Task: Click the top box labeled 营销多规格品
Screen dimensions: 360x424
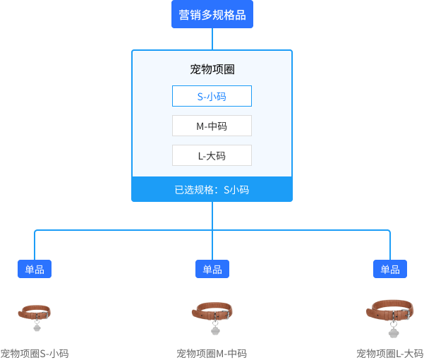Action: click(x=212, y=14)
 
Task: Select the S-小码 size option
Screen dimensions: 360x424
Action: click(x=212, y=96)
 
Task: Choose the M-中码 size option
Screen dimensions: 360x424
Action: click(x=212, y=126)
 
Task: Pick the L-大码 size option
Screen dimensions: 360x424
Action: click(x=212, y=155)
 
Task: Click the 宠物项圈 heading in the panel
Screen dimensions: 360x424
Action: click(x=212, y=69)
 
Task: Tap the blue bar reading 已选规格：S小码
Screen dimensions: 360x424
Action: click(x=212, y=189)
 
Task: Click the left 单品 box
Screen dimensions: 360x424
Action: click(x=35, y=269)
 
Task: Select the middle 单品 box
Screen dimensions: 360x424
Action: click(x=212, y=269)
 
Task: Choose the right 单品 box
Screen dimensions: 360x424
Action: click(x=390, y=269)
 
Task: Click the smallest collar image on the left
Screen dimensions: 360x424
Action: click(x=35, y=316)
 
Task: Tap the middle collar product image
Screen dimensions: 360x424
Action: click(x=212, y=316)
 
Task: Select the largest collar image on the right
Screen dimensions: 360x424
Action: click(x=390, y=316)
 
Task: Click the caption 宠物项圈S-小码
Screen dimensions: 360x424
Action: click(x=35, y=354)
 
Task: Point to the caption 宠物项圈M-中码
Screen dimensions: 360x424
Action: click(x=212, y=354)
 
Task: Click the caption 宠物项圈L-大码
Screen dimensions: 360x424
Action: click(x=389, y=354)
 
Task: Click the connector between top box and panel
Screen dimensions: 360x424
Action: click(x=212, y=39)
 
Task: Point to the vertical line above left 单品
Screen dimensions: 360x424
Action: click(x=35, y=246)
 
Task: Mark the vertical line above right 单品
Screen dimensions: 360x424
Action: click(x=390, y=246)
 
